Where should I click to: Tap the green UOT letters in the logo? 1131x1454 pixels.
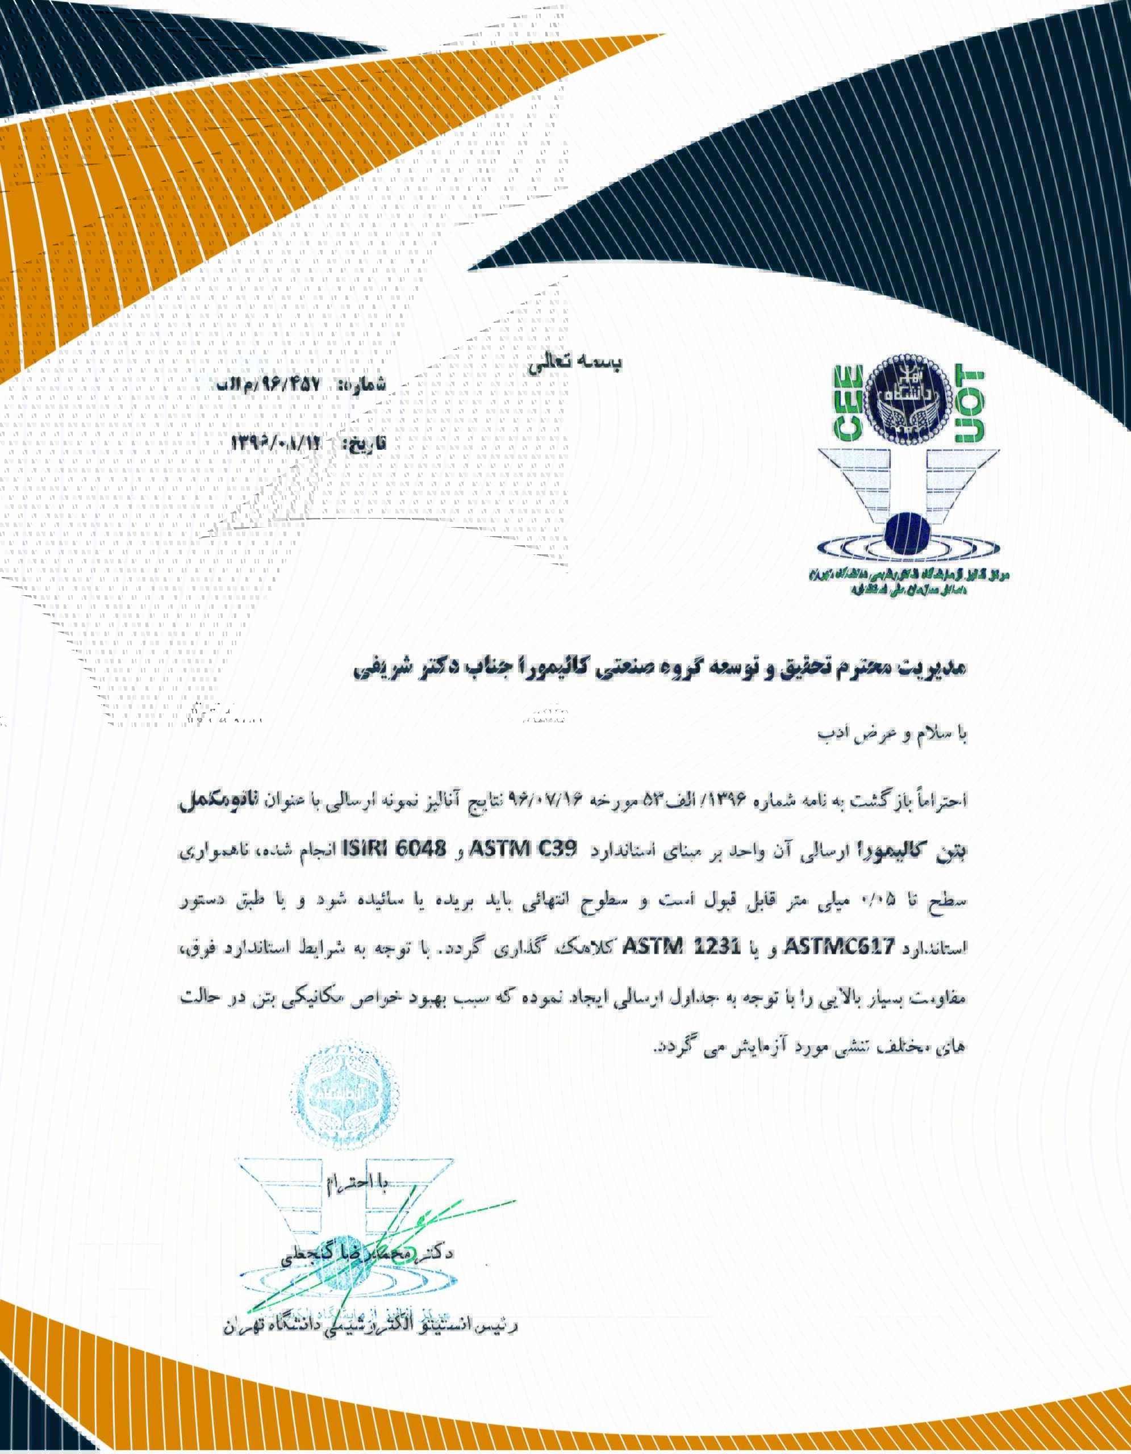pyautogui.click(x=969, y=406)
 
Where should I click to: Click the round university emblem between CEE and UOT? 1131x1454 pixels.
pyautogui.click(x=907, y=400)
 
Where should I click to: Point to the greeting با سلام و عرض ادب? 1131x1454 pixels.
pyautogui.click(x=892, y=734)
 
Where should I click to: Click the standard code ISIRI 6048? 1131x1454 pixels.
pyautogui.click(x=394, y=850)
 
